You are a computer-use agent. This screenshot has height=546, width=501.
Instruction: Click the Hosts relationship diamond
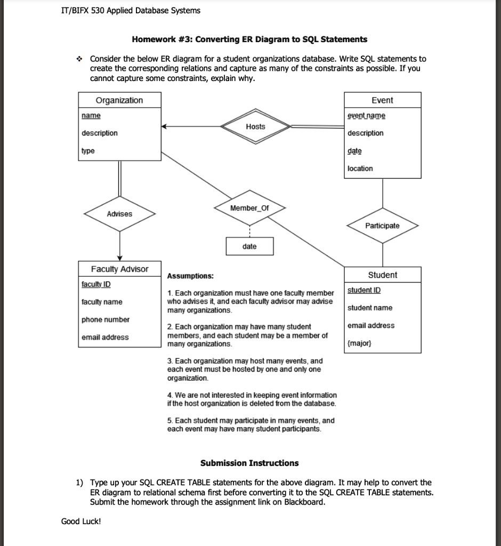255,127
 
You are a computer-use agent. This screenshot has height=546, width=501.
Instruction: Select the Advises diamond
119,214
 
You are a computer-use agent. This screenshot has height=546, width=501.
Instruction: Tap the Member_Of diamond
249,208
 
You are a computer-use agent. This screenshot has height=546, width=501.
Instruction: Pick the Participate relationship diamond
382,226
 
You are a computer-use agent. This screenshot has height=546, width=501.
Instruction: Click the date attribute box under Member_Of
249,246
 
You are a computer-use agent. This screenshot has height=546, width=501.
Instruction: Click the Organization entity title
119,100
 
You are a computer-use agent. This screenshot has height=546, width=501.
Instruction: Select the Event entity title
382,100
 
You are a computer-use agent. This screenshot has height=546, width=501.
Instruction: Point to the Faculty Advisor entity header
119,269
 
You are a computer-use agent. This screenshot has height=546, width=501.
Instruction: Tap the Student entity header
382,275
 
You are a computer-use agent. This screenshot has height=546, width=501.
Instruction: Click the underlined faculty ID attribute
96,285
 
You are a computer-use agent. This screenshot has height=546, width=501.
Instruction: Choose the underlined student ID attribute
364,291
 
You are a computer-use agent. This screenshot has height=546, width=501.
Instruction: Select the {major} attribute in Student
358,343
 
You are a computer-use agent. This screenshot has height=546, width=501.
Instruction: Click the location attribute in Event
360,168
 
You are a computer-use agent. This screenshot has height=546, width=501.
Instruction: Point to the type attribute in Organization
87,151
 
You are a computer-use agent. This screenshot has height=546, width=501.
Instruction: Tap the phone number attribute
106,320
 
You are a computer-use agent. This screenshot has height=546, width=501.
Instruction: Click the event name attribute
366,116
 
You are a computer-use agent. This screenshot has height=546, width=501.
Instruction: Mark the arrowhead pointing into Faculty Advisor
119,258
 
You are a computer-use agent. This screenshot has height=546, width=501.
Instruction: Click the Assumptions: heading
190,276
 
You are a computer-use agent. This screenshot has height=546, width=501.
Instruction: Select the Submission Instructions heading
249,463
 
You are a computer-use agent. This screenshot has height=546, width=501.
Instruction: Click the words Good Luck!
81,521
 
